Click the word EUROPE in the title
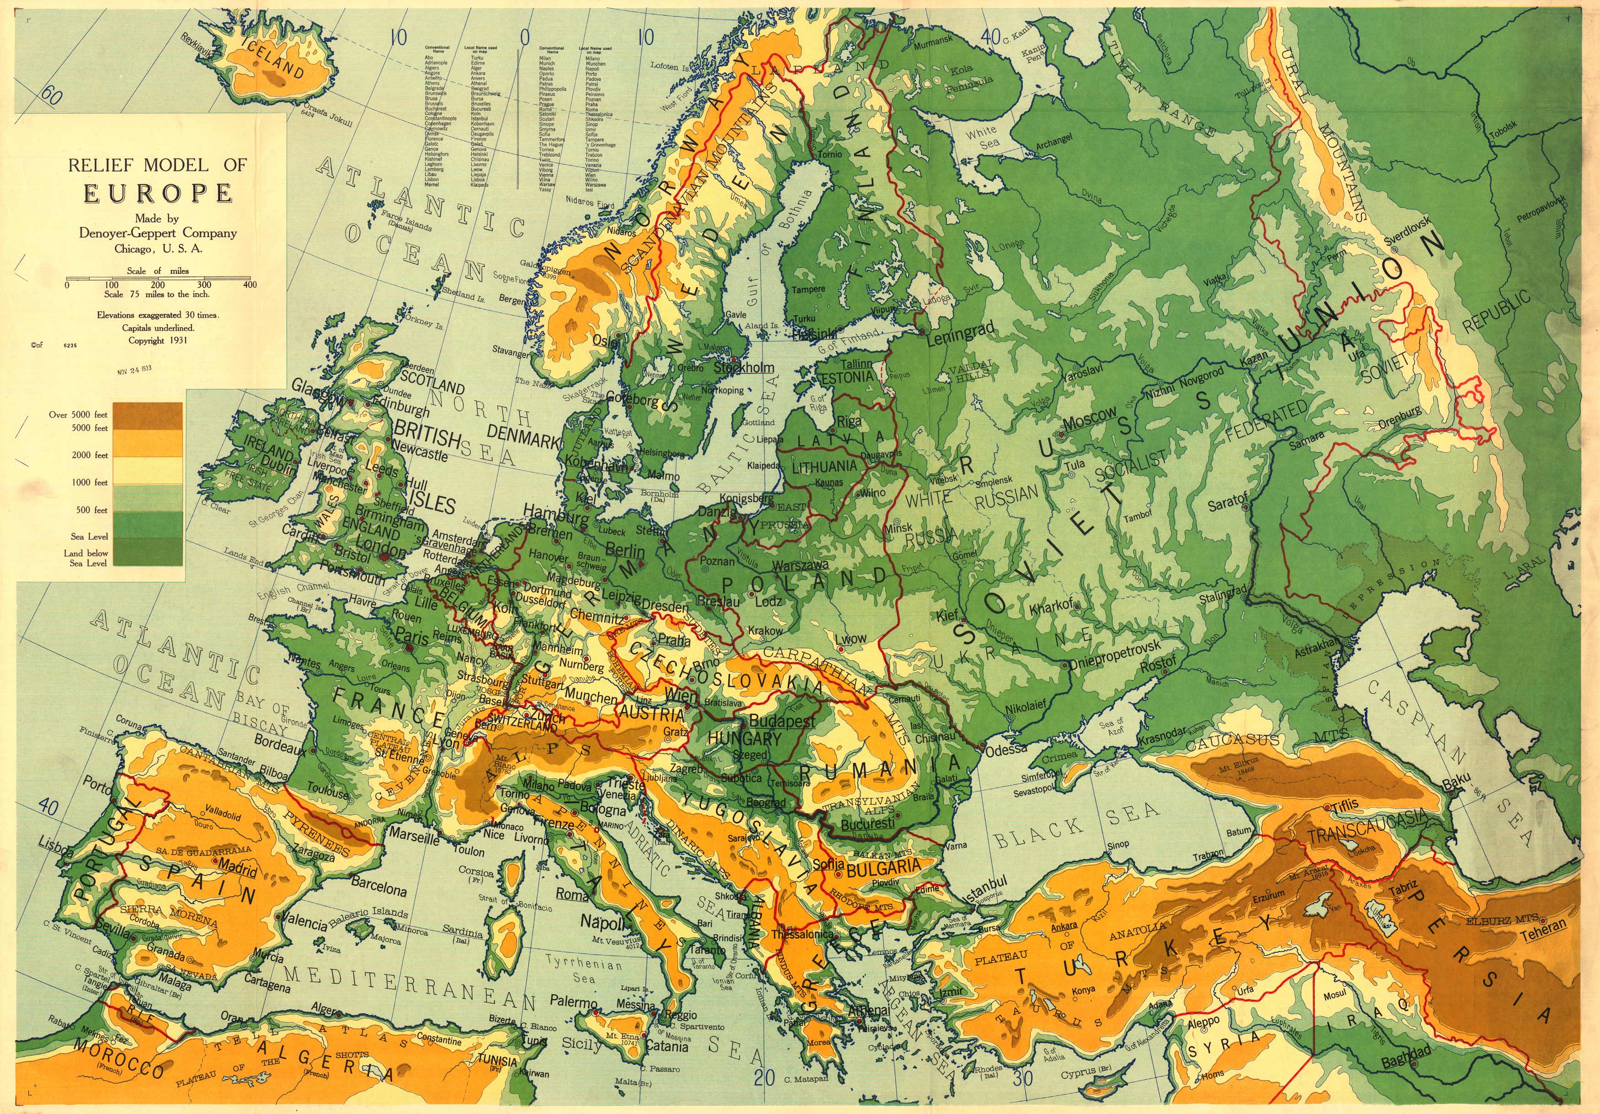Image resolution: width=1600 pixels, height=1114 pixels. pos(158,193)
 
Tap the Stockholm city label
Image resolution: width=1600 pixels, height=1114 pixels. pos(744,367)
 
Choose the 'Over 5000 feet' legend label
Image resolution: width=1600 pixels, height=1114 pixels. pos(78,414)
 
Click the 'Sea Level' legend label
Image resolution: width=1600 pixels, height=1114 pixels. pos(89,536)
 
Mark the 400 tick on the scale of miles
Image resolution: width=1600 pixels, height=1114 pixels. pos(250,284)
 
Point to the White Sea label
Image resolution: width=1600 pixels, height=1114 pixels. pos(981,137)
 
